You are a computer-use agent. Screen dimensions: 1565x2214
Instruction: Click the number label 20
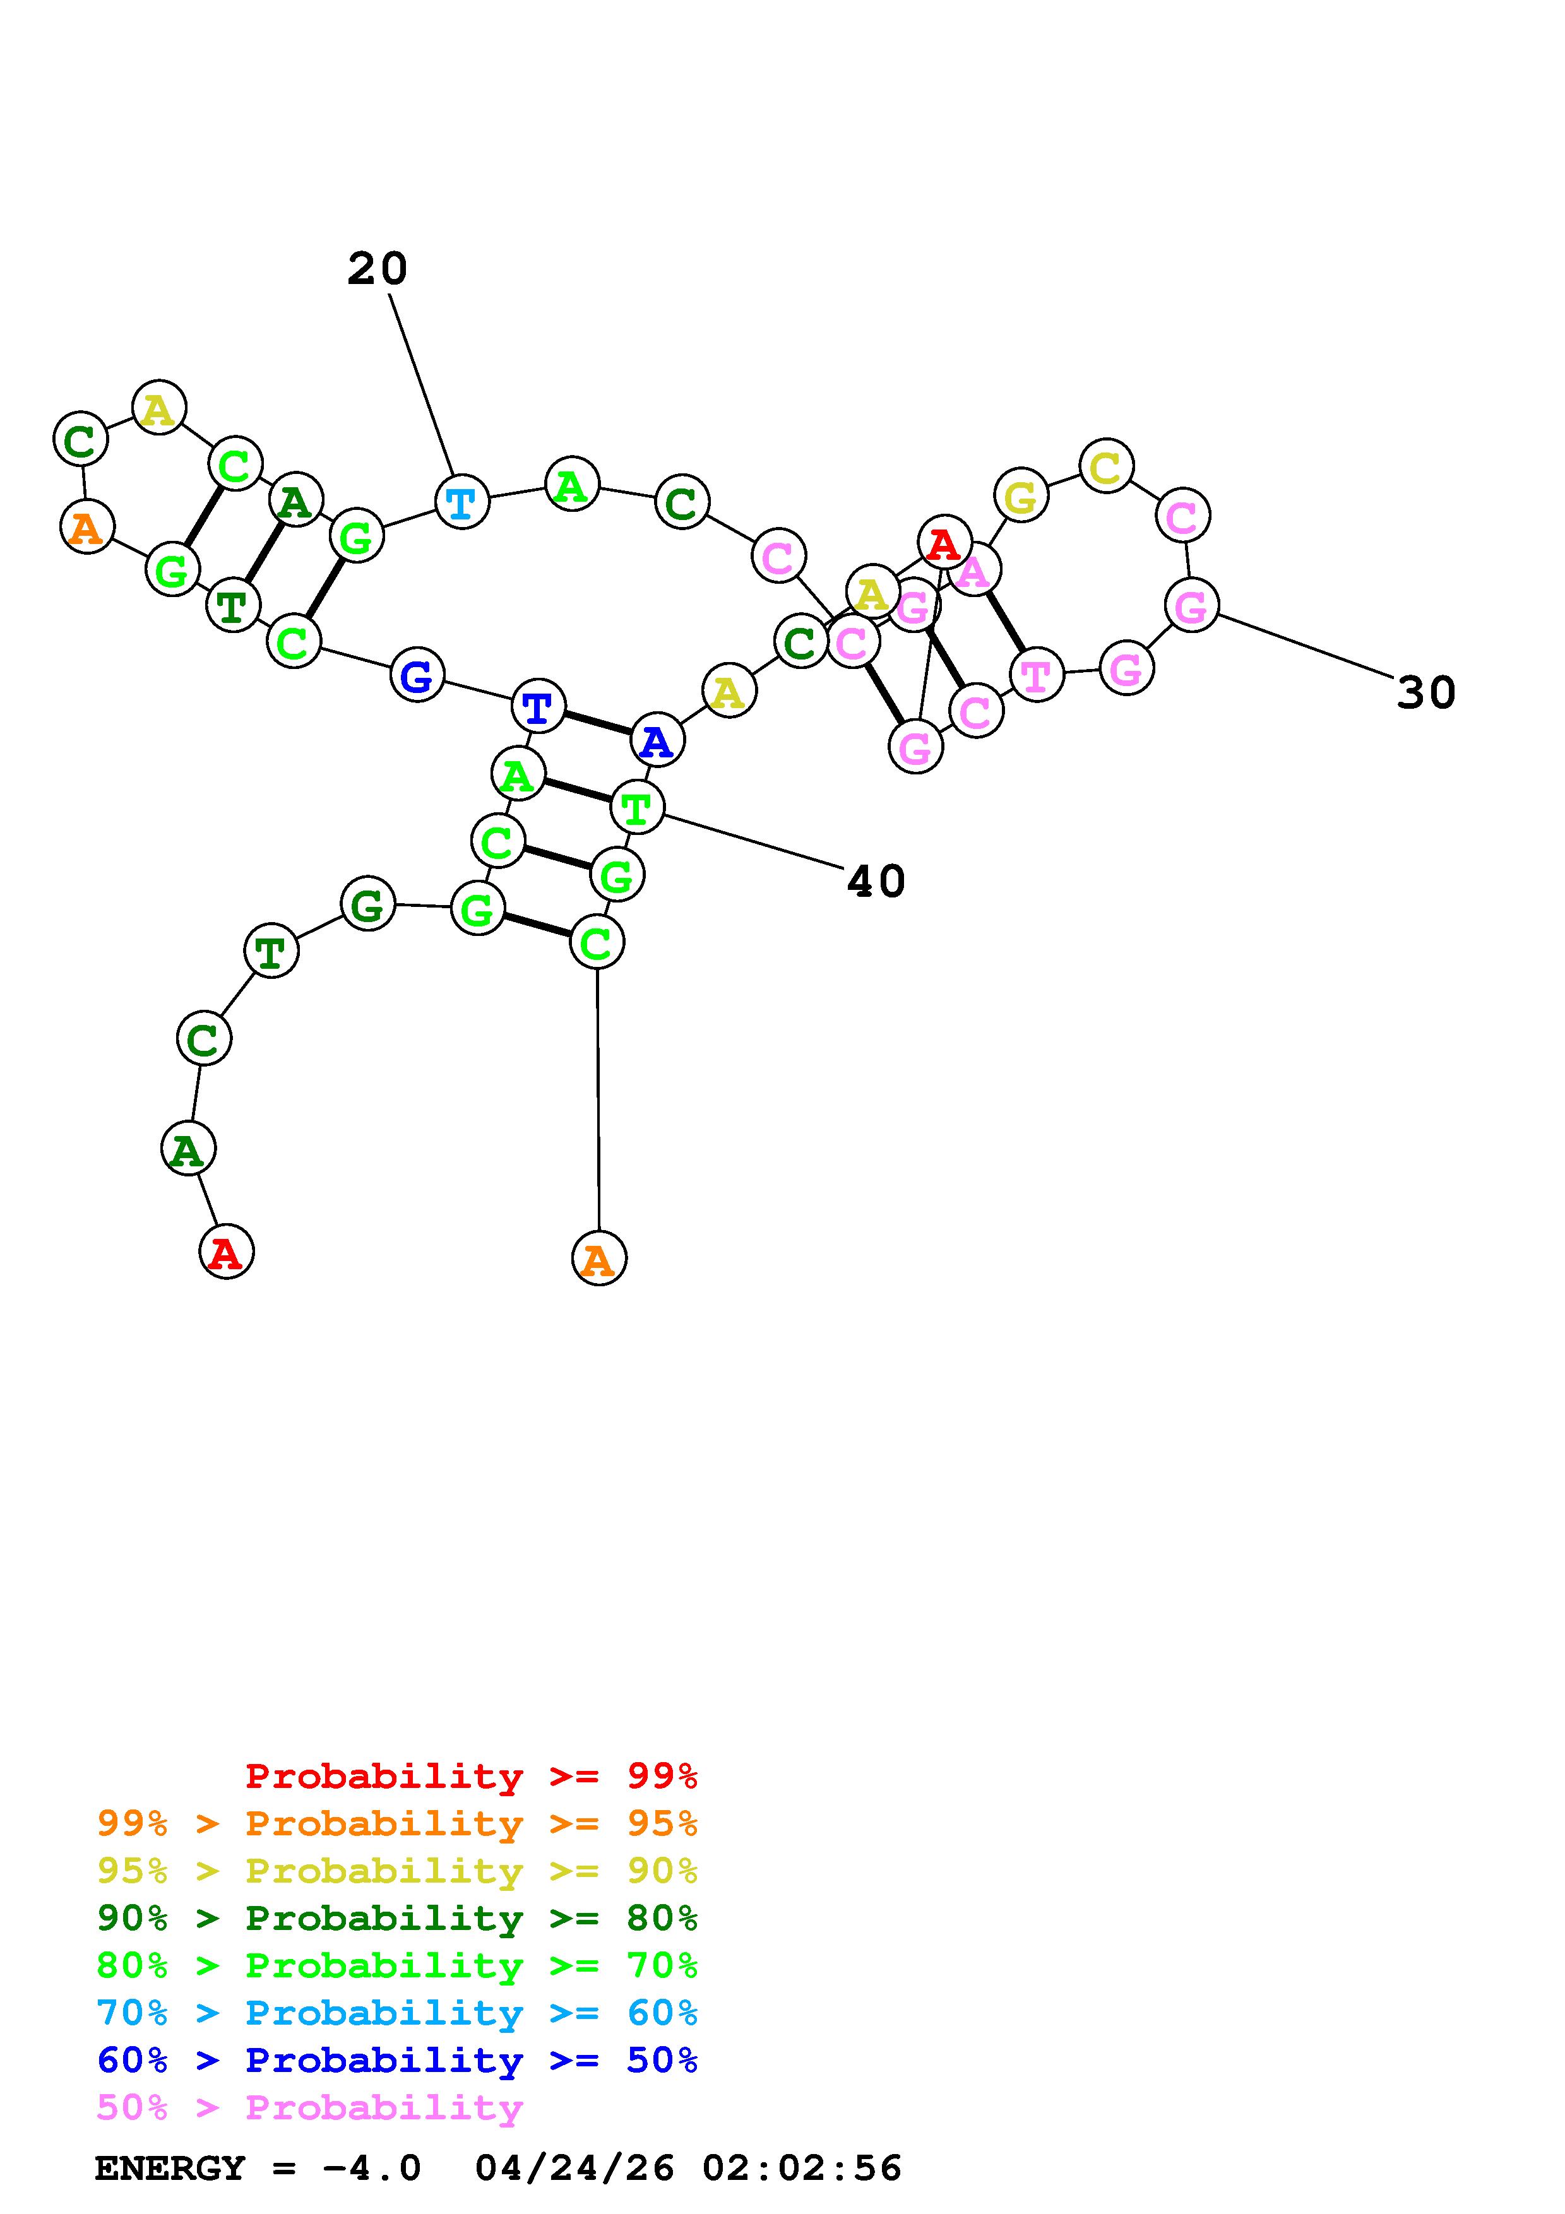click(377, 268)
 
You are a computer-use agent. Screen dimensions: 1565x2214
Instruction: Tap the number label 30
click(1425, 692)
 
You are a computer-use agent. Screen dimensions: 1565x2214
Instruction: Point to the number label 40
click(876, 881)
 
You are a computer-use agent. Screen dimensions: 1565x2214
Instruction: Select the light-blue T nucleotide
click(462, 502)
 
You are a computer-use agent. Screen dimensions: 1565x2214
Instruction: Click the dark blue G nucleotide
click(417, 675)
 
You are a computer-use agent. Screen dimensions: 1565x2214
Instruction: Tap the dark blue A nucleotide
click(657, 740)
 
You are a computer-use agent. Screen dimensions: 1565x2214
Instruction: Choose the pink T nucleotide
click(1037, 675)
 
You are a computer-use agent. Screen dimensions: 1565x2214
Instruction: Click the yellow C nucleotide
click(1106, 466)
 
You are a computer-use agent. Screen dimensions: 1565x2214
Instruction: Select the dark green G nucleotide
click(367, 904)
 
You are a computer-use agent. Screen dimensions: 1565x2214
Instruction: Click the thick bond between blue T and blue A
click(597, 723)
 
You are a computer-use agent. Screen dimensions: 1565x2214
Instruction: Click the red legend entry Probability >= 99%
click(472, 1775)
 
